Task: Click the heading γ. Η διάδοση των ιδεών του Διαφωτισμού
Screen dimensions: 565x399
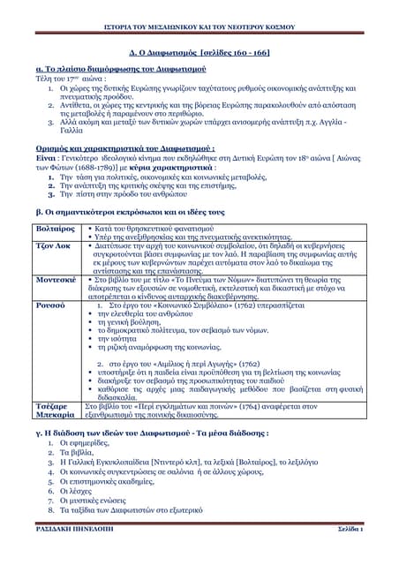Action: [146, 434]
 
